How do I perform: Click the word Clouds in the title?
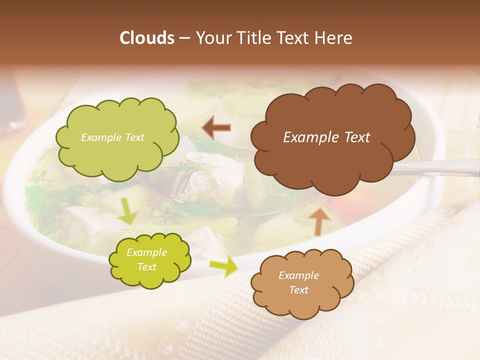click(x=147, y=38)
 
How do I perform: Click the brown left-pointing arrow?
click(x=215, y=128)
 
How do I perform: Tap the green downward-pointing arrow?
click(x=128, y=211)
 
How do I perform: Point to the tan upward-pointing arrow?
click(x=318, y=220)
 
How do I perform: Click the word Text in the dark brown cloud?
click(x=355, y=137)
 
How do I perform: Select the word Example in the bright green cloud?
click(x=146, y=252)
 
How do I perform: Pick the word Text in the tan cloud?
click(x=298, y=290)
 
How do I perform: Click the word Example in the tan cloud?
click(x=298, y=275)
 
